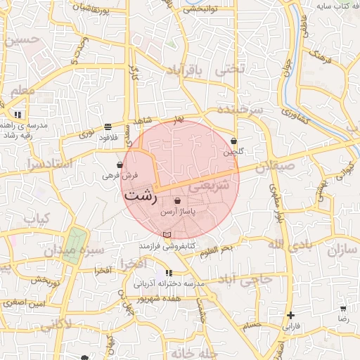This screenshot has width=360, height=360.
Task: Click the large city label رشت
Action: [141, 196]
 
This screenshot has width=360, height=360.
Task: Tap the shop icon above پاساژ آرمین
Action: [187, 201]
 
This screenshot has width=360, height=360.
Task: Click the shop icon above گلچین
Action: [233, 142]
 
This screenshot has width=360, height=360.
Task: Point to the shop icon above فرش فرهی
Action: [121, 165]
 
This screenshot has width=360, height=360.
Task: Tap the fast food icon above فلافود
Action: [107, 127]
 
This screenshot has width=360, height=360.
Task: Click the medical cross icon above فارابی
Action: [290, 315]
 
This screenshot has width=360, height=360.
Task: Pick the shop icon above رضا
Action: [343, 309]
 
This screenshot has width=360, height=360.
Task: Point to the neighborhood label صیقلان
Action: [272, 169]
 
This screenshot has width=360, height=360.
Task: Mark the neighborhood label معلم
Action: [22, 91]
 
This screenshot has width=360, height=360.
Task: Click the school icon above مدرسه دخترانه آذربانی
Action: [169, 273]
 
